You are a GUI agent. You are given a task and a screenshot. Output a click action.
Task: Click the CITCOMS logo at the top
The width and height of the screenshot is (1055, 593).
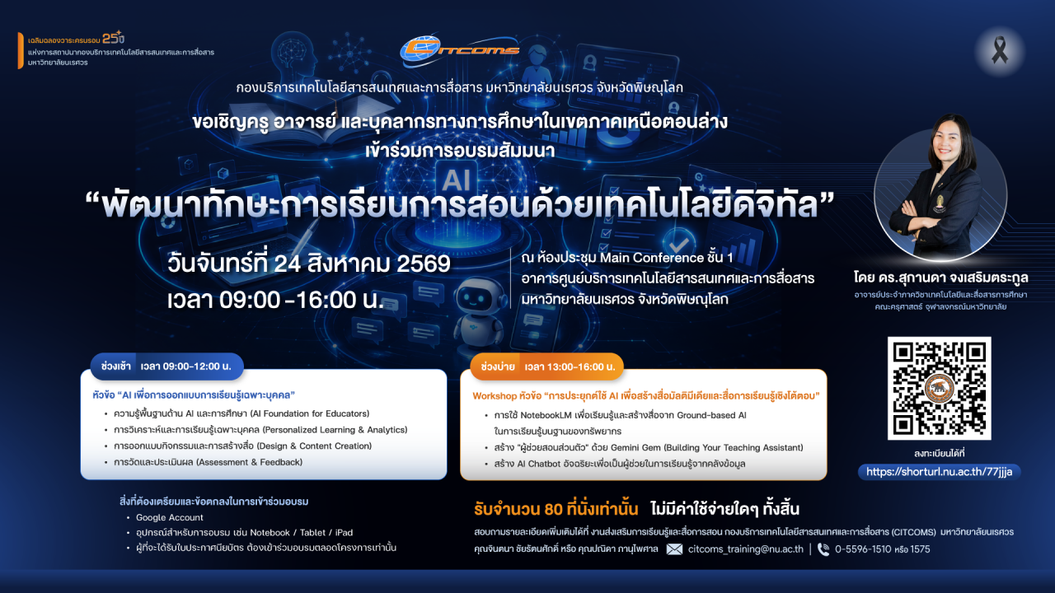pos(459,49)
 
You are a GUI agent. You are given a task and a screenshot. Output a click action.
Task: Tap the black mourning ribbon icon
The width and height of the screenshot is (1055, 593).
pos(1000,50)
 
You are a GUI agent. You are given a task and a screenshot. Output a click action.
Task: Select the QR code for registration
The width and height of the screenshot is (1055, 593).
pos(939,388)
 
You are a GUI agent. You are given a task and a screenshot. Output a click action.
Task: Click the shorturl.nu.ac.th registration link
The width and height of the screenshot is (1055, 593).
pos(939,472)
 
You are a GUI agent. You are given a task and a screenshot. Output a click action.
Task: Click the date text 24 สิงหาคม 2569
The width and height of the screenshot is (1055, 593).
pos(362,264)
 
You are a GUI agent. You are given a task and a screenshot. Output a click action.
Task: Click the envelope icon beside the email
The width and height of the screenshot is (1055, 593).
pos(674,549)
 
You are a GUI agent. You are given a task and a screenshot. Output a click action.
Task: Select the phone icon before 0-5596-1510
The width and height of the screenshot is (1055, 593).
pos(823,549)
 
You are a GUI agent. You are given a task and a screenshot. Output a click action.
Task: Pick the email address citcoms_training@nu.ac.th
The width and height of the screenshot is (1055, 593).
pos(746,549)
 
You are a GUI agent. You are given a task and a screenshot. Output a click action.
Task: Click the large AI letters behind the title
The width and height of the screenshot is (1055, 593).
pos(457,180)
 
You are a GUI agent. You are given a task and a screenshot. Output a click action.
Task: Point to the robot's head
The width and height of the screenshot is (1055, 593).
pos(480,296)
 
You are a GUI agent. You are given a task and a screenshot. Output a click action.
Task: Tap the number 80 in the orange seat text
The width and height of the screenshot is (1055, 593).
pos(553,509)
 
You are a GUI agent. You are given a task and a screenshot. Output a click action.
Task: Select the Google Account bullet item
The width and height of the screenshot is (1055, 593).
pos(170,517)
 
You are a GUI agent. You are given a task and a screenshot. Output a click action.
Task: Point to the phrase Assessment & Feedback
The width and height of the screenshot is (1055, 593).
pos(249,462)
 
